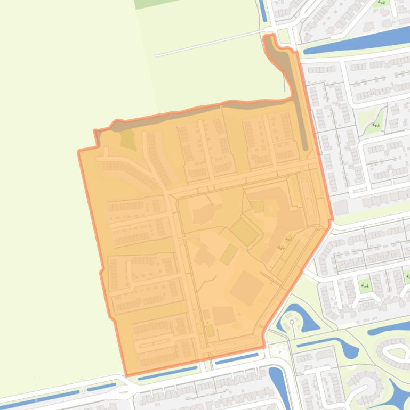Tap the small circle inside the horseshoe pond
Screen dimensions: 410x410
click(292, 322)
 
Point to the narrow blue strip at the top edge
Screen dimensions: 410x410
click(262, 10)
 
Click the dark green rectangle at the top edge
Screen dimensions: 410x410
click(150, 3)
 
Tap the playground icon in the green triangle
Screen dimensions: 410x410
click(376, 125)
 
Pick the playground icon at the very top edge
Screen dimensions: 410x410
click(381, 2)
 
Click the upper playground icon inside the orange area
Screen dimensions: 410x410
click(288, 239)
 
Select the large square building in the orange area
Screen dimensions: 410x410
click(246, 288)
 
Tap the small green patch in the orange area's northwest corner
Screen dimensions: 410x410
click(127, 140)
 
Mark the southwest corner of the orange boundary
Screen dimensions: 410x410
click(126, 375)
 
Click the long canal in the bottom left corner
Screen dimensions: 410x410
click(43, 398)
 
